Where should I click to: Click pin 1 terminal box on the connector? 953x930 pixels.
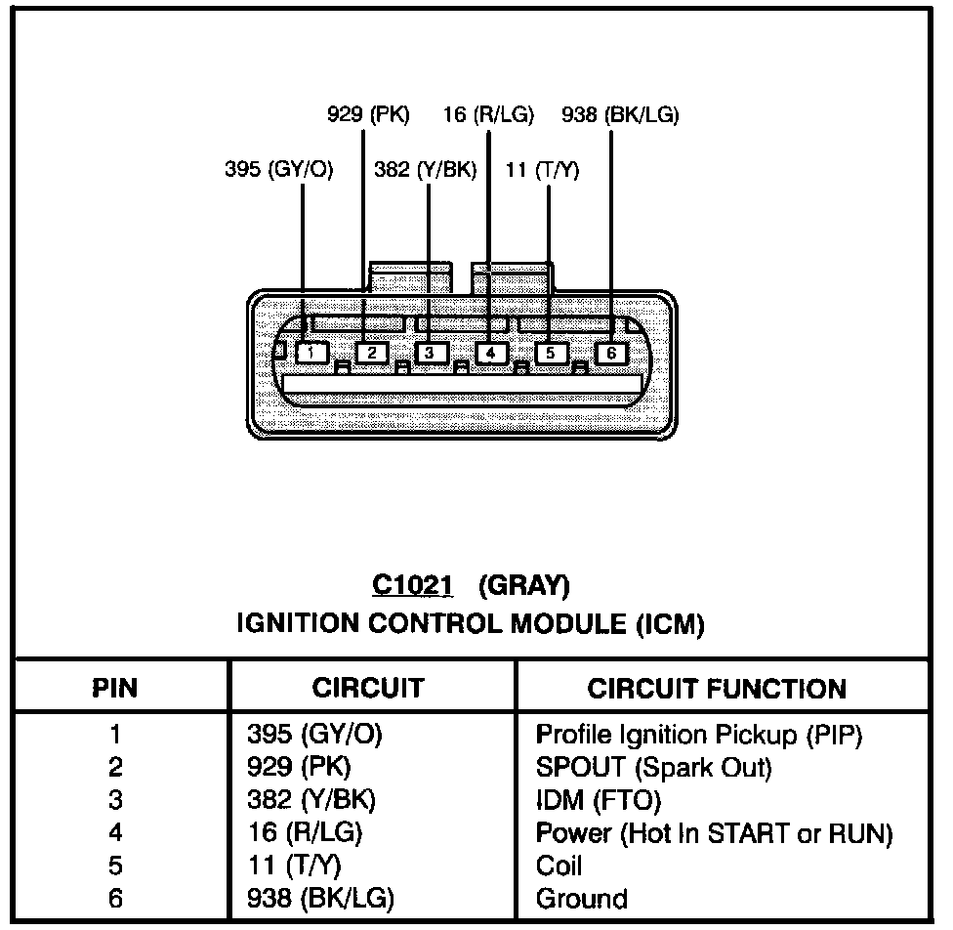tap(311, 352)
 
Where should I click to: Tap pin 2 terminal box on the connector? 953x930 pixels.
tap(372, 353)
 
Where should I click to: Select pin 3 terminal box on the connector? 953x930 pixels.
tap(431, 353)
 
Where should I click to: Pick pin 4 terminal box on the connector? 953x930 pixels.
tap(491, 353)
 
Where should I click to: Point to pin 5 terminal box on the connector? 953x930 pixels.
tap(551, 353)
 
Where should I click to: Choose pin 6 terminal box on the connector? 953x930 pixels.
tap(611, 353)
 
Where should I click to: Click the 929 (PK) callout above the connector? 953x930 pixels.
tap(368, 115)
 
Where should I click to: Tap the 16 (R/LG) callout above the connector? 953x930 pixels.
tap(488, 115)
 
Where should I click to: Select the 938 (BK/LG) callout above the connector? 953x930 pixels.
tap(620, 115)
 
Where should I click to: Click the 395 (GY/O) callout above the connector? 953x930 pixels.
tap(279, 170)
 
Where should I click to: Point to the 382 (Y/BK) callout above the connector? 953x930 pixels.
tap(426, 170)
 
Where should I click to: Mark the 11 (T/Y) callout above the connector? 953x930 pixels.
tap(543, 170)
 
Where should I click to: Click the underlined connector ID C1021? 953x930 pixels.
tap(413, 585)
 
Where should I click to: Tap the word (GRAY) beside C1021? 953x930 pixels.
tap(524, 585)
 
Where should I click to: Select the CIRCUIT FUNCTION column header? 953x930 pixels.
tap(717, 688)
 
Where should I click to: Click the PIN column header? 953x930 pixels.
tap(115, 688)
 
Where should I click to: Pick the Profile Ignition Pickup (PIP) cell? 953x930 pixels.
tap(699, 735)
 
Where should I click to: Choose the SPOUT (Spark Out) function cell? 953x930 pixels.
tap(654, 768)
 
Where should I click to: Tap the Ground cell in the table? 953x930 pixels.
tap(582, 899)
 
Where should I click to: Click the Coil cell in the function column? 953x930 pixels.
tap(559, 866)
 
